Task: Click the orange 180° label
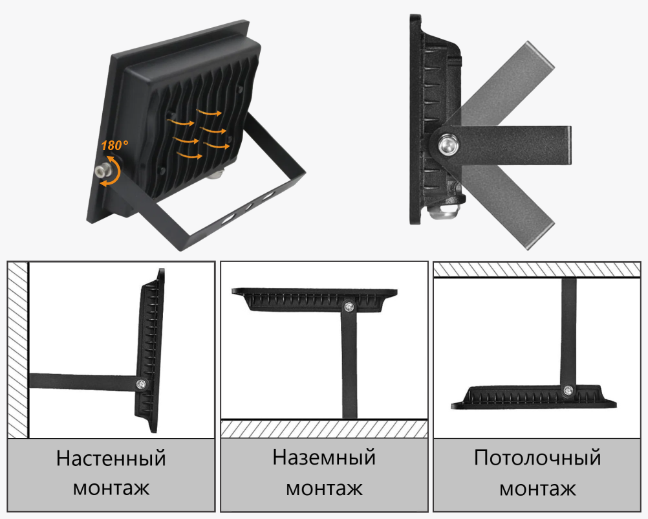114,146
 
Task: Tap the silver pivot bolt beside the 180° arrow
102,170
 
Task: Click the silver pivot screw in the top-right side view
448,145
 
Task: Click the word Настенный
111,458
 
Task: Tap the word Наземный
324,458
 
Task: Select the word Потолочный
537,458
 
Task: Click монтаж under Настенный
111,489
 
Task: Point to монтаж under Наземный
324,489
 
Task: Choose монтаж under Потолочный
537,489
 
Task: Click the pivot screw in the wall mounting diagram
142,384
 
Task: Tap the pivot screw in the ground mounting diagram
349,307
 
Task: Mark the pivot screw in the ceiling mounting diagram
568,390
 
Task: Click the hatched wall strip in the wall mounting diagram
17,350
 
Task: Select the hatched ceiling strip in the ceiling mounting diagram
537,269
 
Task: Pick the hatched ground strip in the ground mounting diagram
324,429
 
